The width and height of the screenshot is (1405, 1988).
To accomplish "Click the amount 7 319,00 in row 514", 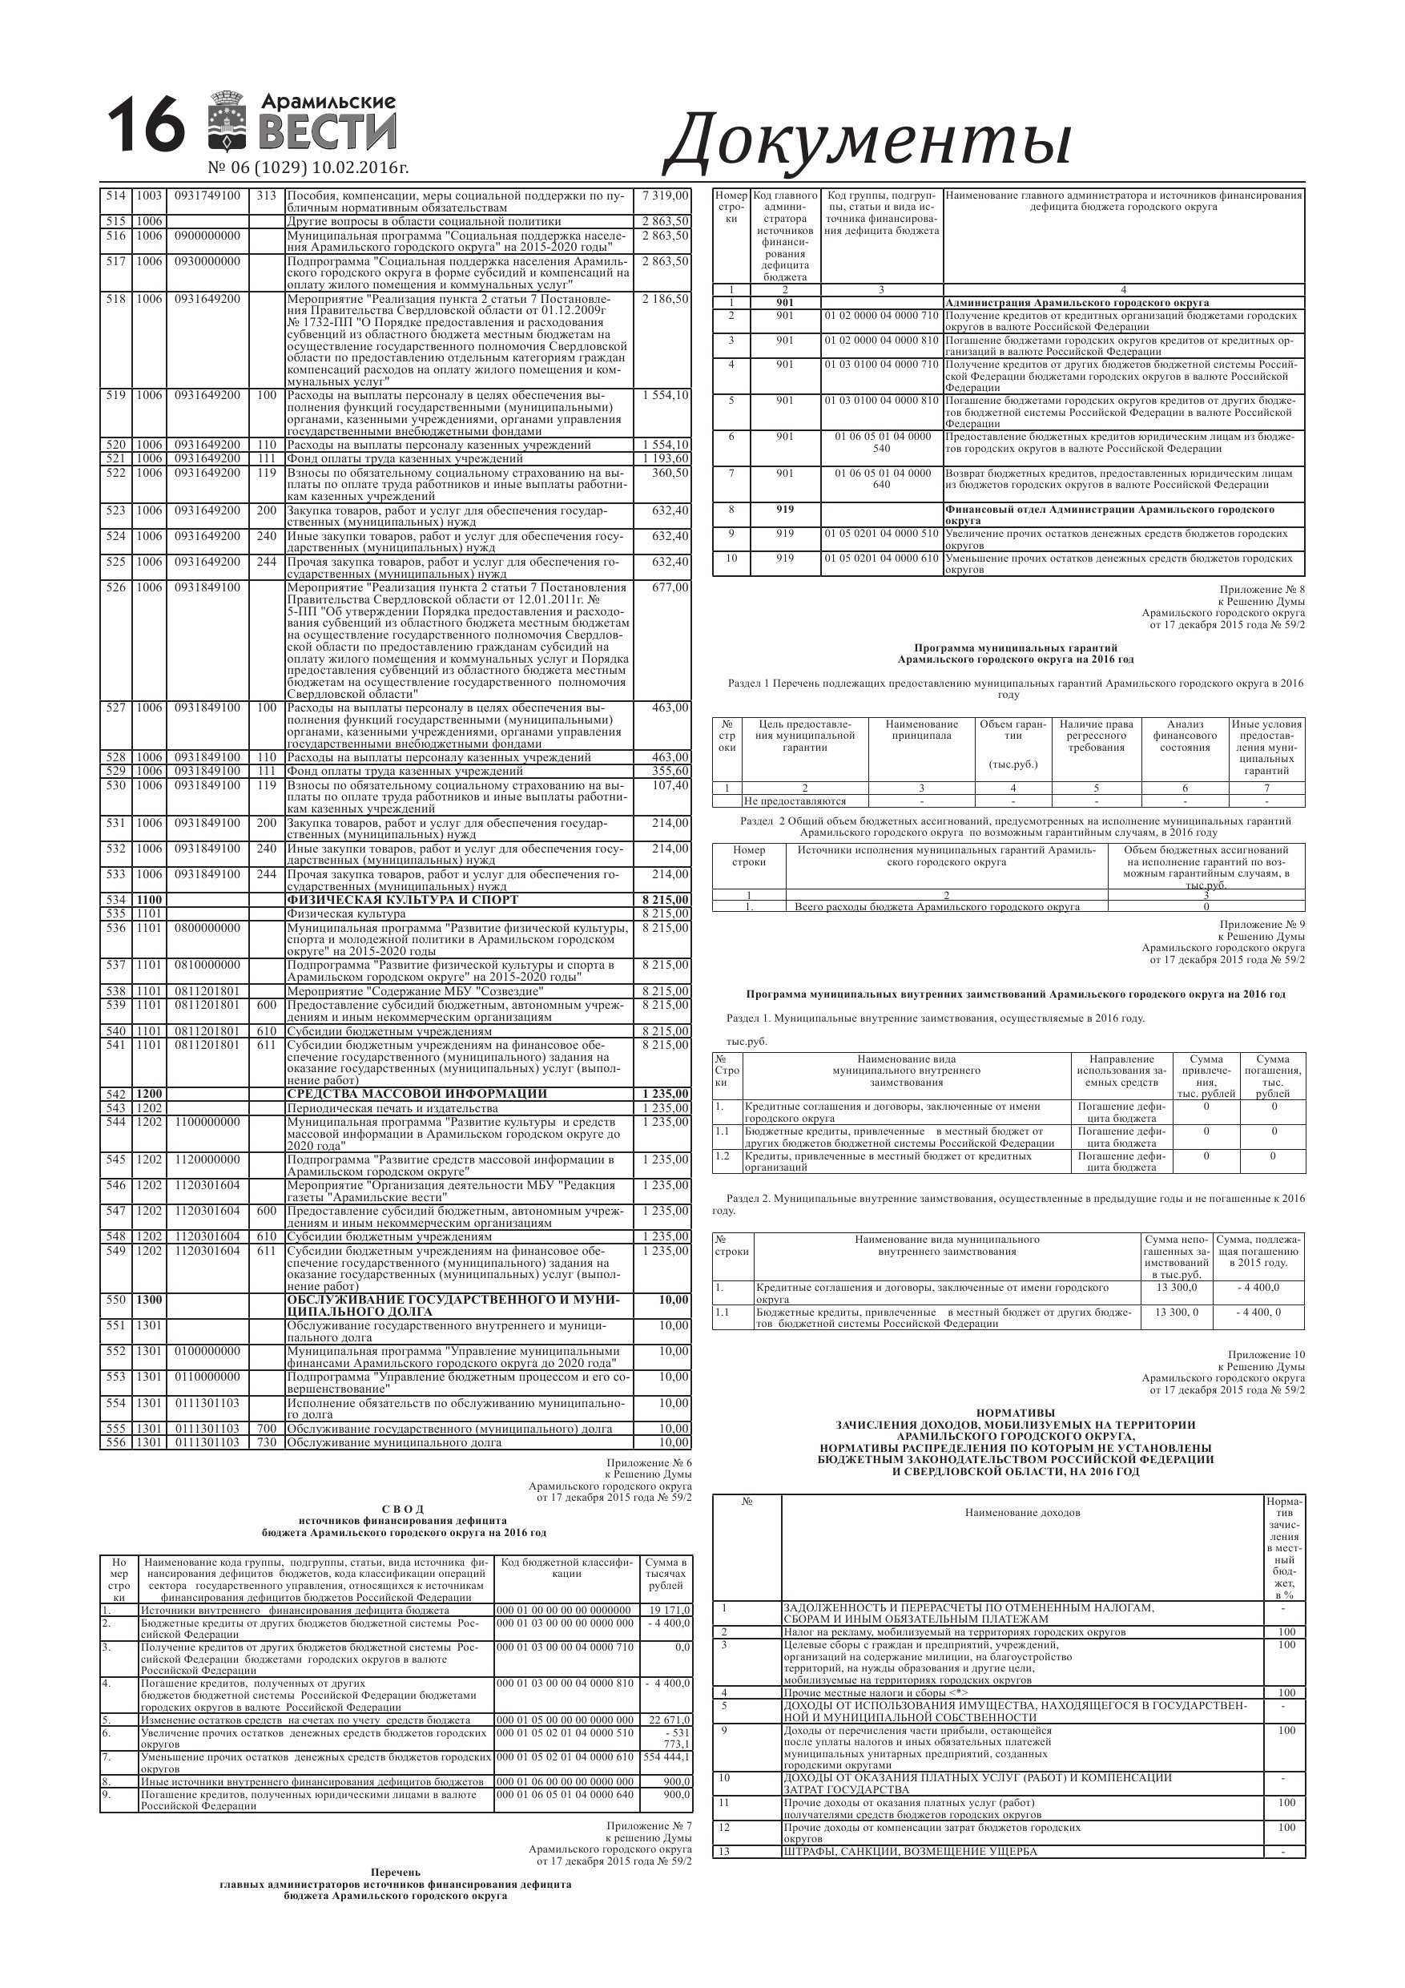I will tap(665, 196).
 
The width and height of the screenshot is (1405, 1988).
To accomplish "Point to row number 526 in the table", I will tap(115, 587).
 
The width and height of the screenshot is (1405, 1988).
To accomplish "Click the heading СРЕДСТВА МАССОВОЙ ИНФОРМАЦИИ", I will tap(417, 1094).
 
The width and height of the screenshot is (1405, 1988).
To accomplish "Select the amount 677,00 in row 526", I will tap(671, 587).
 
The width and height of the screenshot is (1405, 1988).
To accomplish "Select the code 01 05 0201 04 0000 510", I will tap(881, 534).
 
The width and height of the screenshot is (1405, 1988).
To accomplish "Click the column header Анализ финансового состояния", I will tap(1184, 736).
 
